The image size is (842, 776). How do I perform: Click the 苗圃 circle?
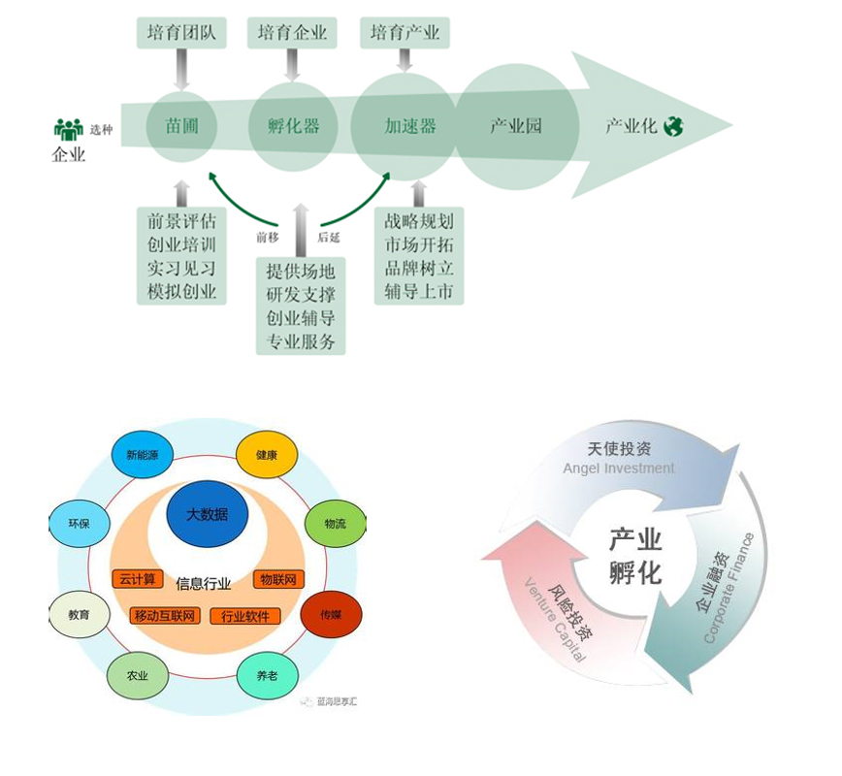point(181,126)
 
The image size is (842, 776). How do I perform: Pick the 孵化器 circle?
point(293,126)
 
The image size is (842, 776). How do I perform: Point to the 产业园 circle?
point(515,126)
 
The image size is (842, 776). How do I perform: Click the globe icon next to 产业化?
point(673,126)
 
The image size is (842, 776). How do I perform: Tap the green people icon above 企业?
point(68,129)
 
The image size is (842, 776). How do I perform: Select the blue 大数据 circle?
point(207,514)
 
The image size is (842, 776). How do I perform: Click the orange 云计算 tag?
point(137,579)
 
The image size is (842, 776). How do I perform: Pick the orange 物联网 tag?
point(278,579)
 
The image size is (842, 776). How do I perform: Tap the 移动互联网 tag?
point(164,616)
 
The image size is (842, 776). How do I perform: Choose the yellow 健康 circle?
point(266,455)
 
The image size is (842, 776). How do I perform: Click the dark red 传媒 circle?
point(332,615)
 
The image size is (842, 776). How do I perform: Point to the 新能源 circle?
point(142,455)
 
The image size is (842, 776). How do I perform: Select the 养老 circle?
point(267,675)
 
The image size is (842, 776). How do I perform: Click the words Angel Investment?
point(619,469)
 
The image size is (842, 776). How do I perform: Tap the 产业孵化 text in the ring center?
point(635,556)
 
